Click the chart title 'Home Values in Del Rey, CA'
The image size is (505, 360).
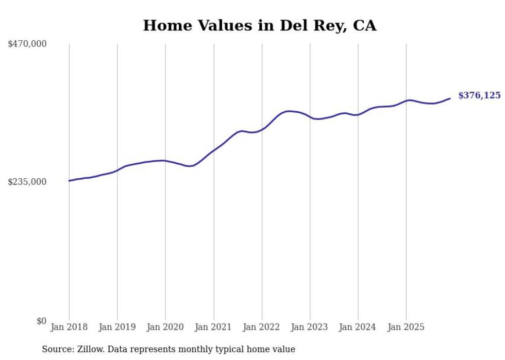[x=260, y=25]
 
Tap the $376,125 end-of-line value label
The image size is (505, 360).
[x=479, y=95]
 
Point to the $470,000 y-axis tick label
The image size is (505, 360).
[x=27, y=44]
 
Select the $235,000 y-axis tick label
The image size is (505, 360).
[x=27, y=182]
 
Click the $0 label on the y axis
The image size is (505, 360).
[x=41, y=321]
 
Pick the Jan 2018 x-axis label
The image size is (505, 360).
[x=69, y=327]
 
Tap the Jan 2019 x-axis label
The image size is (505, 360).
[x=117, y=327]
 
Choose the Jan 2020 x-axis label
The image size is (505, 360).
[x=165, y=327]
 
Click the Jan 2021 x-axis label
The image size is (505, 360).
[x=213, y=327]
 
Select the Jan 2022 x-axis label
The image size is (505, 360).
[x=262, y=327]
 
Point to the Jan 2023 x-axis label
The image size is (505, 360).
[x=310, y=327]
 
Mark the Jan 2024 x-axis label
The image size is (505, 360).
[x=358, y=327]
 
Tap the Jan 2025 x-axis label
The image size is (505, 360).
[x=406, y=327]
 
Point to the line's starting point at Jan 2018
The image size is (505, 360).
[x=69, y=181]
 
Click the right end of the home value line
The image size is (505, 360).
[x=450, y=98]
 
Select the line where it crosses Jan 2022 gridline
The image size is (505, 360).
[x=262, y=129]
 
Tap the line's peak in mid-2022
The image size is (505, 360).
[x=289, y=111]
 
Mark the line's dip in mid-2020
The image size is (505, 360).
[x=189, y=166]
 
